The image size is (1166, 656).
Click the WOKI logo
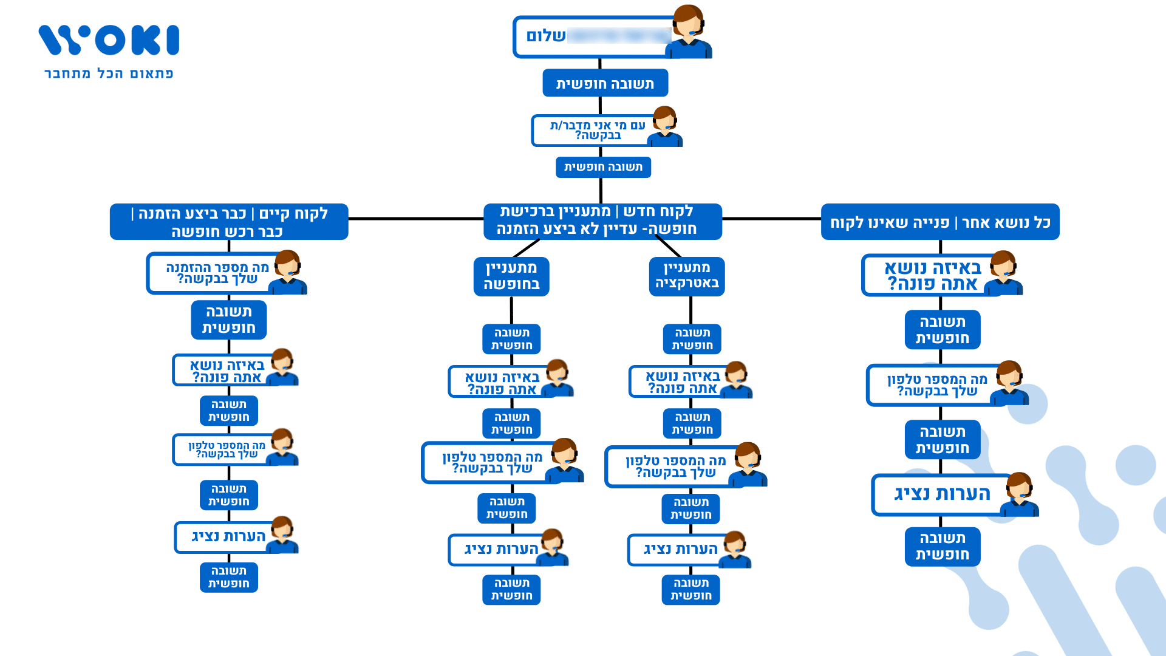[109, 40]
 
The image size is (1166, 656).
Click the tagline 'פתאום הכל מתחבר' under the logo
[109, 73]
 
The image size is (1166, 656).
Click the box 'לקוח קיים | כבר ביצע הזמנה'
[229, 222]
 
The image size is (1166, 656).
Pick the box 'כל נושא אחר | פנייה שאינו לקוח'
[939, 222]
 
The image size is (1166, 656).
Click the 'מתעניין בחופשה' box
[511, 276]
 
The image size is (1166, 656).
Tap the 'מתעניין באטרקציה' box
[687, 276]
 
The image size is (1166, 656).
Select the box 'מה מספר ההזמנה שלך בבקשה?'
[213, 273]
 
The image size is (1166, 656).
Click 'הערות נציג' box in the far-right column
[941, 494]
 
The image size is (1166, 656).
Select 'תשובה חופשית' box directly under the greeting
[605, 83]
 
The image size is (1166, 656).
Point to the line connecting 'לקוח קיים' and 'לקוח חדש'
[416, 219]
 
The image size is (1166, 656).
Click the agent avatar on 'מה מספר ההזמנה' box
[288, 272]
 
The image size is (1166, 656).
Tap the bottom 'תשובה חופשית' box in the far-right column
[942, 547]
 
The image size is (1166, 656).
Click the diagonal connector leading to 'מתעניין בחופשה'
[526, 248]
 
